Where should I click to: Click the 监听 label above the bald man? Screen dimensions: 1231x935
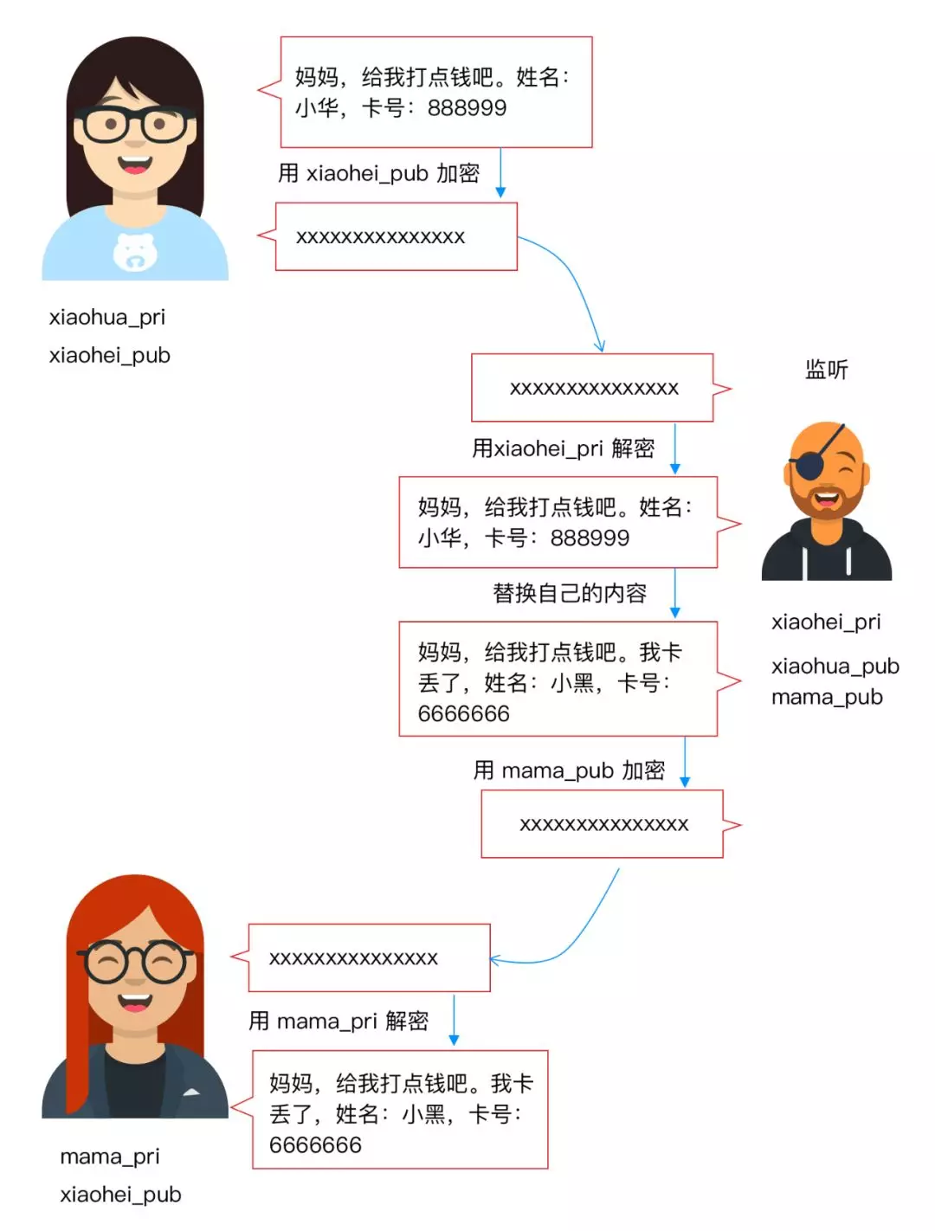point(826,370)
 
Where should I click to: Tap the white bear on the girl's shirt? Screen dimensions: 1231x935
point(135,252)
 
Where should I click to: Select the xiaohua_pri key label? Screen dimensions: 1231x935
point(106,317)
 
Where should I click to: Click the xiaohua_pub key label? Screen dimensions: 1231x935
point(835,666)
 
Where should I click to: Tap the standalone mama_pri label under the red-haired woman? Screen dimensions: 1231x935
point(110,1157)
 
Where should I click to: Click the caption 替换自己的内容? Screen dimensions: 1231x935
point(570,593)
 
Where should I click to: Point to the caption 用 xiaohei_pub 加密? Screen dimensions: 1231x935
point(378,173)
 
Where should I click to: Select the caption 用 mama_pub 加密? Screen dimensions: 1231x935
point(569,770)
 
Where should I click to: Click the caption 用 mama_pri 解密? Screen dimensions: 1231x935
point(339,1022)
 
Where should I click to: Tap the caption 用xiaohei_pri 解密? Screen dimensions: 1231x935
point(563,448)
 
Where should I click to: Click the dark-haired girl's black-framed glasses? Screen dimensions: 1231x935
point(135,126)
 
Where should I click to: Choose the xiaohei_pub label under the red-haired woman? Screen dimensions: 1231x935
point(120,1195)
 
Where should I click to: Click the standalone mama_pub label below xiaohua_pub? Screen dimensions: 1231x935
point(827,697)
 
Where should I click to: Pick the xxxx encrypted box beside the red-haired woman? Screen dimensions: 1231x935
point(369,958)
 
